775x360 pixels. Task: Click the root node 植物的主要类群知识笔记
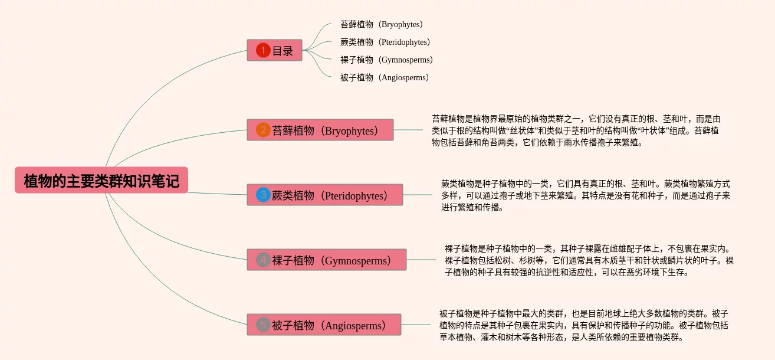click(x=101, y=180)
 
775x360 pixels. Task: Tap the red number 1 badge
click(x=263, y=50)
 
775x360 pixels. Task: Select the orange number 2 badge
click(x=263, y=130)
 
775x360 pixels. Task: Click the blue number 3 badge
click(x=263, y=195)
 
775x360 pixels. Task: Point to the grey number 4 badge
click(x=263, y=260)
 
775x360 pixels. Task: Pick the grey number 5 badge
click(x=263, y=325)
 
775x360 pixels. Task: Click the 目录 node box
click(x=274, y=50)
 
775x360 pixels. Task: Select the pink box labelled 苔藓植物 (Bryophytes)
click(x=320, y=130)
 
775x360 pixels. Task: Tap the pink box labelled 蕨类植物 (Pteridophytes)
click(x=325, y=195)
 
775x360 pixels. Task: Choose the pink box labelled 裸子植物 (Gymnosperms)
click(x=327, y=260)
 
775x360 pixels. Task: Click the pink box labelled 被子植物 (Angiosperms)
click(x=324, y=325)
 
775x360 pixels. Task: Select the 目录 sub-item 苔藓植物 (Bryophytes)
click(x=382, y=24)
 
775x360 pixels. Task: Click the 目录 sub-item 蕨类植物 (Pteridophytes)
click(x=385, y=42)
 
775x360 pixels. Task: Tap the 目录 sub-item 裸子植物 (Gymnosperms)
click(x=386, y=60)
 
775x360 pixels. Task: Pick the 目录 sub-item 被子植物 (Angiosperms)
click(x=385, y=77)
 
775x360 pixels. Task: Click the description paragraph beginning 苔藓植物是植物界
click(x=576, y=130)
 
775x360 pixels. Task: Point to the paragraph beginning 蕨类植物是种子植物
click(x=586, y=195)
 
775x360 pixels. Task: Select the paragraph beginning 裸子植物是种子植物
click(x=589, y=260)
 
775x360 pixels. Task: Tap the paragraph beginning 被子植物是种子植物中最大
click(x=584, y=325)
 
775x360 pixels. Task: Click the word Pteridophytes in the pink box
click(x=354, y=196)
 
